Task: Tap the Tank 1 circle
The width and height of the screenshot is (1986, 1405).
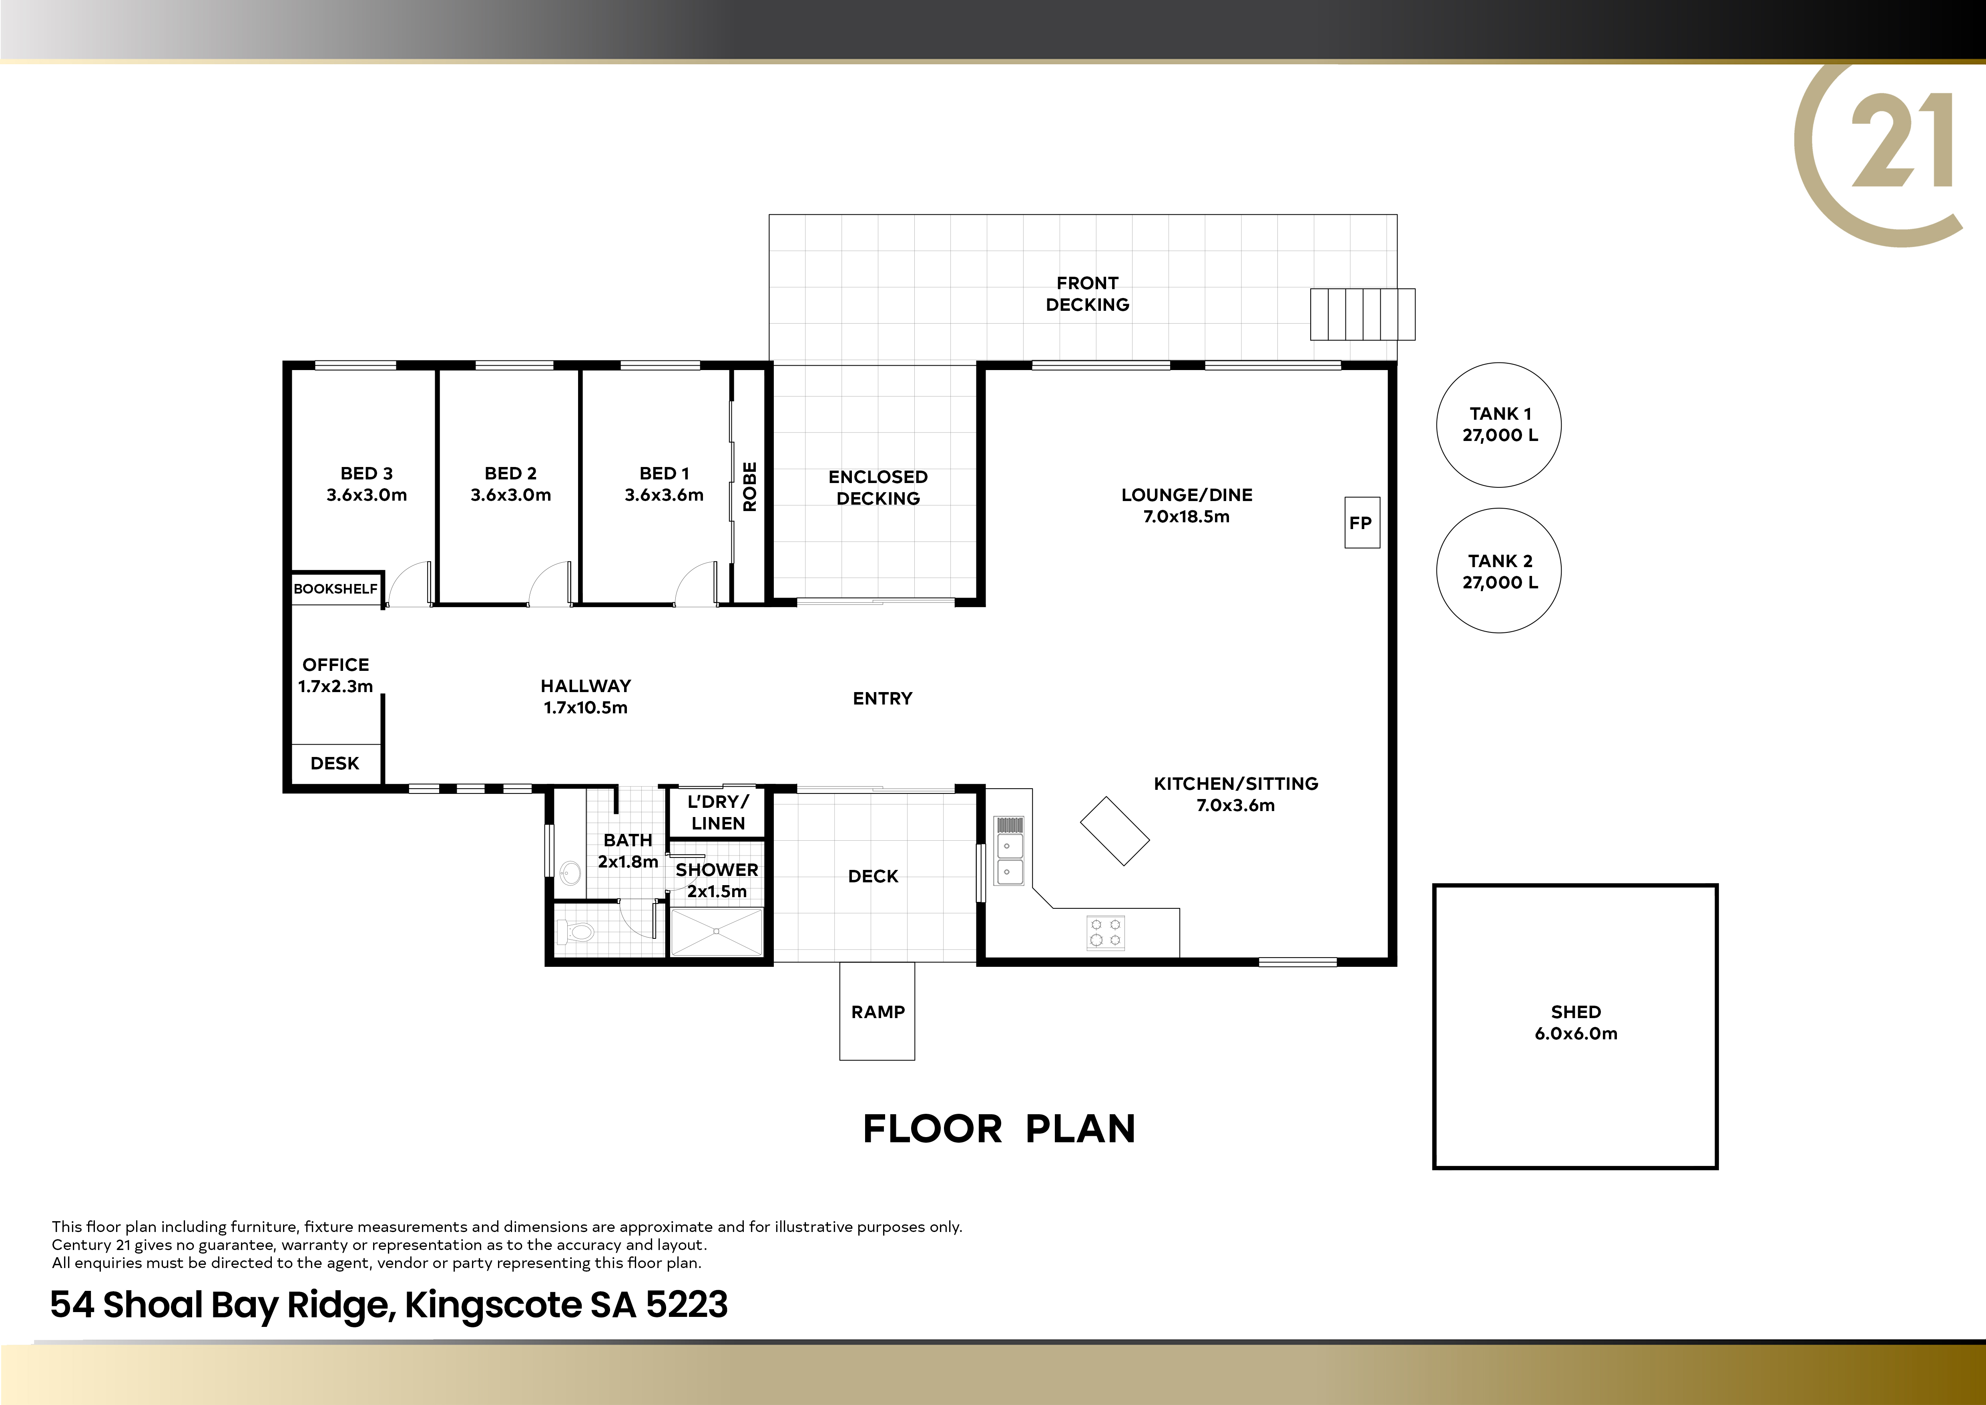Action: pos(1499,363)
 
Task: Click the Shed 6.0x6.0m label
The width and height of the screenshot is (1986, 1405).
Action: pos(1576,1023)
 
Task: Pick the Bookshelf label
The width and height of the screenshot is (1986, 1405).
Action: pos(335,588)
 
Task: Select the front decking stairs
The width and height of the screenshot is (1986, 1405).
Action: pos(1362,314)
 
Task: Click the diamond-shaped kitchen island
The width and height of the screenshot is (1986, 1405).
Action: pos(1115,831)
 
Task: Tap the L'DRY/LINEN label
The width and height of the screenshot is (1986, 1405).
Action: pos(718,812)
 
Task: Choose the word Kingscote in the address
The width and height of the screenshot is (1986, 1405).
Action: pos(493,1304)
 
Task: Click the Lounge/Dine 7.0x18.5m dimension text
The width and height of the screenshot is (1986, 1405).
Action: pos(1187,517)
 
